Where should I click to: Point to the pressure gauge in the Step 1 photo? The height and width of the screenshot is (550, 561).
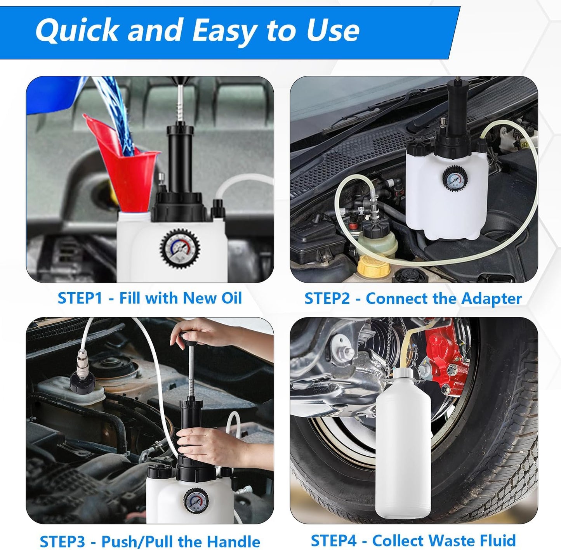180,248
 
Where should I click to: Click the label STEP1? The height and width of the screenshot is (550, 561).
80,298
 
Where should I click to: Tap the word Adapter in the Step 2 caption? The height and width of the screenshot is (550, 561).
492,299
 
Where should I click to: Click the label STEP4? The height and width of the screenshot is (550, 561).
333,533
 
